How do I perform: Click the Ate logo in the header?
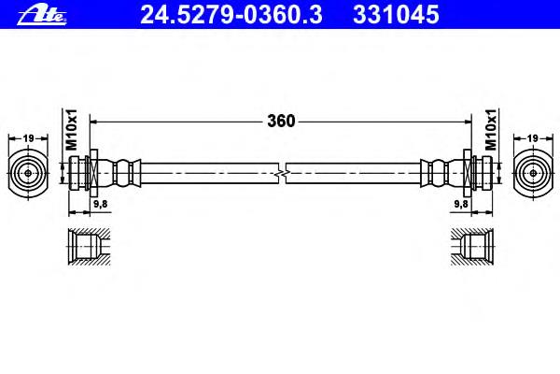pos(42,15)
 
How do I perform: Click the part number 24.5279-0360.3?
pos(231,15)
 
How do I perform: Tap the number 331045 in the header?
pos(396,15)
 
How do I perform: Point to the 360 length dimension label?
pos(281,122)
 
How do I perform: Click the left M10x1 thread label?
pos(71,130)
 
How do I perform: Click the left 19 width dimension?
pos(28,138)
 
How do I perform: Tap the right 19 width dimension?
pos(532,138)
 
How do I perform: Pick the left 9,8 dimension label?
pos(101,204)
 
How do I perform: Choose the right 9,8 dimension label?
pos(461,204)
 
